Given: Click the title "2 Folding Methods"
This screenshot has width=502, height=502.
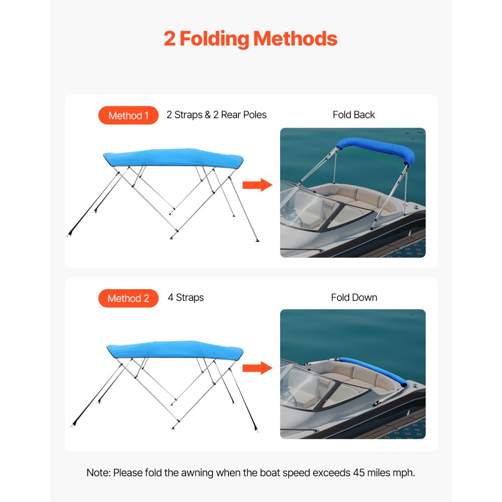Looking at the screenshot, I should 250,39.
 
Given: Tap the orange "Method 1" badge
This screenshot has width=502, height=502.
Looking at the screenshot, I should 129,115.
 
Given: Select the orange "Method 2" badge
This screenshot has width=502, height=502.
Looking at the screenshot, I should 129,298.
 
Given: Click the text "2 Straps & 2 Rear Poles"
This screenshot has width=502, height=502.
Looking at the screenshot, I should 216,115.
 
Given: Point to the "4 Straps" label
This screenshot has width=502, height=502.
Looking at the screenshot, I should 186,298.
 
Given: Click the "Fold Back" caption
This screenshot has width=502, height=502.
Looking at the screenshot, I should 353,115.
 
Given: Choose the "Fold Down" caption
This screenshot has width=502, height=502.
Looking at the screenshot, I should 354,298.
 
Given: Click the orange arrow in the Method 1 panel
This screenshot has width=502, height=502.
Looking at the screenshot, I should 257,185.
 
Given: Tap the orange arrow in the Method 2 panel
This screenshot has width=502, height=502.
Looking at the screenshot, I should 257,368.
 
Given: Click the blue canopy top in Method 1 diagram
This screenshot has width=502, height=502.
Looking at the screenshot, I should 173,157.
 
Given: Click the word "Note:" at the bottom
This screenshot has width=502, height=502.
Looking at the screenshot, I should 98,473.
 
